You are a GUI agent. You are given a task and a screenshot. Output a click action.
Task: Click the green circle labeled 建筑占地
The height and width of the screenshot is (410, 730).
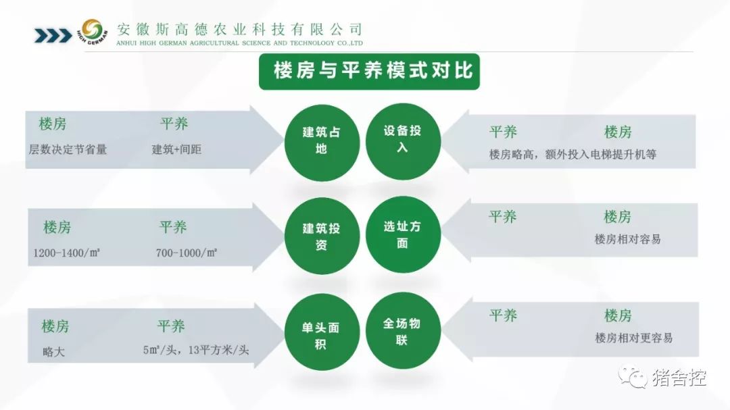[322, 143]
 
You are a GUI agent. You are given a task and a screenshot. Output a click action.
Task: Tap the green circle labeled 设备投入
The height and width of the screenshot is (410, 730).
[403, 141]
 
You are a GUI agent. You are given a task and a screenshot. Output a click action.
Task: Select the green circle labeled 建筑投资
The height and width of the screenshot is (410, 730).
[322, 236]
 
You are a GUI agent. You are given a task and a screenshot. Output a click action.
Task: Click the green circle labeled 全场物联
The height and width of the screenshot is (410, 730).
[403, 330]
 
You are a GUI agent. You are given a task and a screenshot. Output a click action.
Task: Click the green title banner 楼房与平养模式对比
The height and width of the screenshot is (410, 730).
[369, 71]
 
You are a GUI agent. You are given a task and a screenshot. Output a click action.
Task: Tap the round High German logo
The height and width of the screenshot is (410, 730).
[92, 32]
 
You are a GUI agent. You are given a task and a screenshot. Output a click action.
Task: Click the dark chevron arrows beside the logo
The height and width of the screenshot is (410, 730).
[53, 35]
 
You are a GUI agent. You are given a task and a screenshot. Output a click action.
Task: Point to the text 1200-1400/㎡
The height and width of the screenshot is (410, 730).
[66, 253]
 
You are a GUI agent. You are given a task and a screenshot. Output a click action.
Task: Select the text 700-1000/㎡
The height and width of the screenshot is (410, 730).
[187, 253]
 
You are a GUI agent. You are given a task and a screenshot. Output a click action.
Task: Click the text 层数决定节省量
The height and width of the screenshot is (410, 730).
[68, 149]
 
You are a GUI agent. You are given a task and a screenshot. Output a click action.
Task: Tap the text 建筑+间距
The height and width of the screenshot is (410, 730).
[176, 149]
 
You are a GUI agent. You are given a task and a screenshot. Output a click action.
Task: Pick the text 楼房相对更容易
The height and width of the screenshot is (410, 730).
[633, 338]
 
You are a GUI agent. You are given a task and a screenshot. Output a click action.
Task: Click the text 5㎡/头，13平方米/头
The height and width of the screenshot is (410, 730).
[196, 350]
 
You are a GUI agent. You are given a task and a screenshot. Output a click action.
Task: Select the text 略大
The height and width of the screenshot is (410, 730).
[53, 352]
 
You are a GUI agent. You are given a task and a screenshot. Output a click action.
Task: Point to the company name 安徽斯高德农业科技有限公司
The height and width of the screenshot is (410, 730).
[239, 29]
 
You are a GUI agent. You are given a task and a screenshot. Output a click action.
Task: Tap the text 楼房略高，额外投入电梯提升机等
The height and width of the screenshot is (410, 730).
[573, 155]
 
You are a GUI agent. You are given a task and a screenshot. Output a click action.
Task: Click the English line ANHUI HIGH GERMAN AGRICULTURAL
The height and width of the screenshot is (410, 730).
[239, 43]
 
